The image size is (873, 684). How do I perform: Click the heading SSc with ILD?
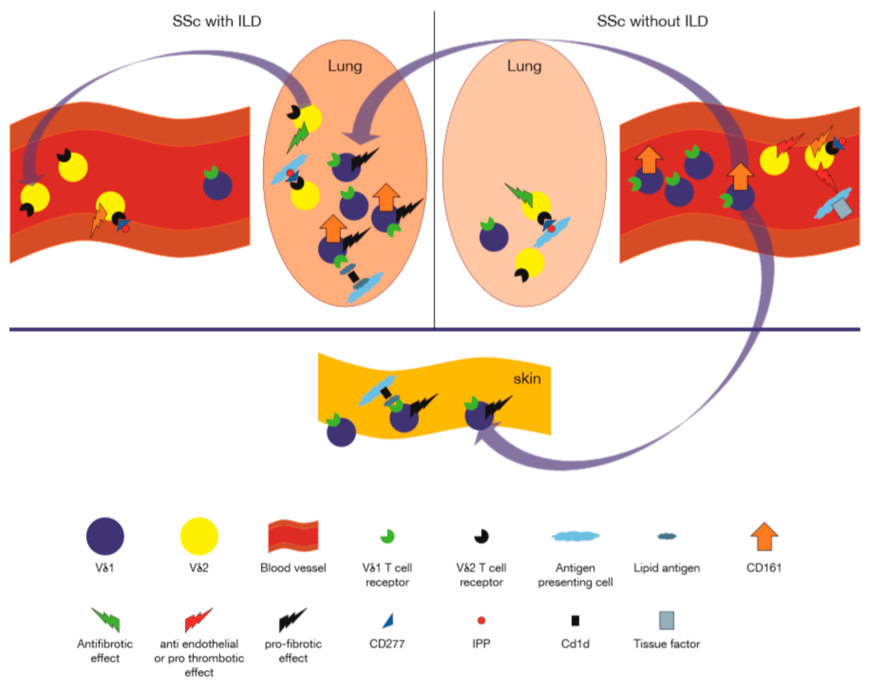217,21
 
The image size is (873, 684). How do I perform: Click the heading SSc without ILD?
652,21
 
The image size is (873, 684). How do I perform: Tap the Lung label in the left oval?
345,66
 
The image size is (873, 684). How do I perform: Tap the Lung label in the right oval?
524,66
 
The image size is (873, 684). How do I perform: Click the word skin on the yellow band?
527,379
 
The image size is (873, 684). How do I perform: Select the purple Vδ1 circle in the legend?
105,536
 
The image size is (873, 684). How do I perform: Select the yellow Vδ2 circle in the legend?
199,536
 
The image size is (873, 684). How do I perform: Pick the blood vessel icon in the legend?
293,536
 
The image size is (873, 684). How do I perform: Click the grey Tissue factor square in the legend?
666,620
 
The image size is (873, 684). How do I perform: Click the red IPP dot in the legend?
481,620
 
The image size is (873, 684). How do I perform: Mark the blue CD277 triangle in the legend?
388,621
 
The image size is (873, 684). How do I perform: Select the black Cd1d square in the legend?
575,620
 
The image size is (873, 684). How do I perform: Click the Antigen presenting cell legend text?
575,575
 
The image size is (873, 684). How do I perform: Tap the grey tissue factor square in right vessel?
841,209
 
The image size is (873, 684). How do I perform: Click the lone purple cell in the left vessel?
217,185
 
